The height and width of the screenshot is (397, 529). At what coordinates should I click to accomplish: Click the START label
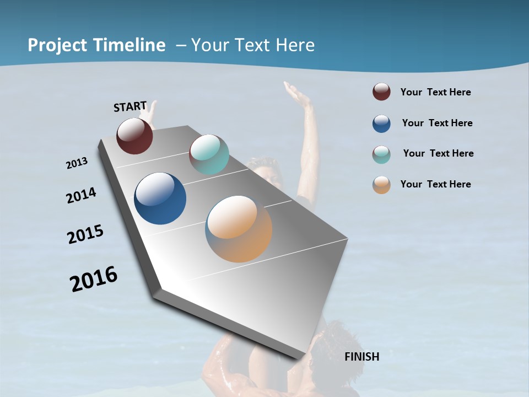[130, 106]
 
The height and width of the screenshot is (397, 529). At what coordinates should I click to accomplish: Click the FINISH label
[361, 357]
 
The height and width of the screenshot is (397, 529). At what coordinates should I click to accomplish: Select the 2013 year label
[77, 163]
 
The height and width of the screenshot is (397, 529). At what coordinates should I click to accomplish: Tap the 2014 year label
[81, 196]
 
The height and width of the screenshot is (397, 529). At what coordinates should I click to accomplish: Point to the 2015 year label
[85, 234]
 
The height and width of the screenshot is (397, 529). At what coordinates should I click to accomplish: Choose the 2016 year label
[94, 278]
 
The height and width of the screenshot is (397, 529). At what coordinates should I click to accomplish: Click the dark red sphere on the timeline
[134, 136]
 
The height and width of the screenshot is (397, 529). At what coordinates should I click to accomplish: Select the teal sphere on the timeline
[209, 154]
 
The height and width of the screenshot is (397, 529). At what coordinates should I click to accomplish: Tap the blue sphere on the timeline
[160, 198]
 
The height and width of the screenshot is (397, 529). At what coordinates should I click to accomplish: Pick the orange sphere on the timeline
[239, 229]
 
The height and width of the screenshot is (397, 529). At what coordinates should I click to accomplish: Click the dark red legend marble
[381, 92]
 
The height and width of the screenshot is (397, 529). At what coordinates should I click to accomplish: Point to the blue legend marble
[381, 124]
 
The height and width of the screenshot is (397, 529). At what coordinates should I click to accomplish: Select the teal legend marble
[381, 154]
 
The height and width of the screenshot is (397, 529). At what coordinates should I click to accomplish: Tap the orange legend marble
[381, 185]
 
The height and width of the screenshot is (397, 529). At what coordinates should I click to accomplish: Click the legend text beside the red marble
[435, 92]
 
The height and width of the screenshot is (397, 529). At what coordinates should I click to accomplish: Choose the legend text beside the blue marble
[437, 123]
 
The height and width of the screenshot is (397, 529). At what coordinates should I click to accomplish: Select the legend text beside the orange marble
[435, 184]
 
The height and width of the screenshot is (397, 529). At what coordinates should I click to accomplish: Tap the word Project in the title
[57, 45]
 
